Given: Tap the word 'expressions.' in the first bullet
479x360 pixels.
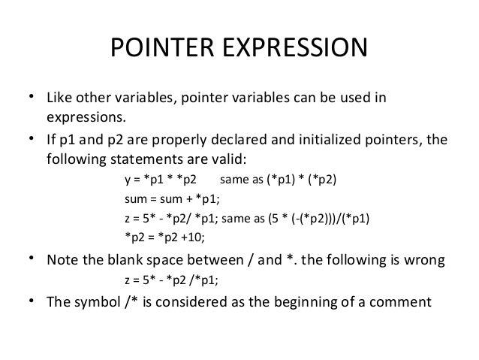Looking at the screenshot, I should (x=88, y=119).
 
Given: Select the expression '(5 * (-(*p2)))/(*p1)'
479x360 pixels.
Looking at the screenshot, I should (x=321, y=219).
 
